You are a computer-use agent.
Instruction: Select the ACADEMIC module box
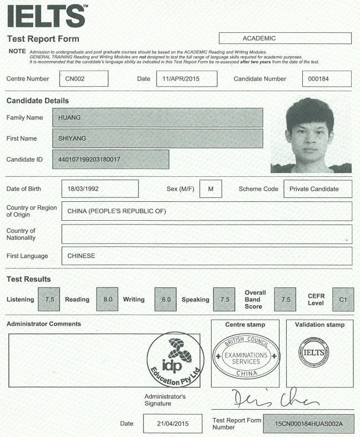(285, 38)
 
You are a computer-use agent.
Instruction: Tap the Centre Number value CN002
(83, 78)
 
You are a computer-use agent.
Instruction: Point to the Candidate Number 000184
(327, 78)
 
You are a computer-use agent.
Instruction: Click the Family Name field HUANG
(157, 117)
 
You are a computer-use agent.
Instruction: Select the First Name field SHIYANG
(157, 138)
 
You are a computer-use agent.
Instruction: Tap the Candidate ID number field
(110, 160)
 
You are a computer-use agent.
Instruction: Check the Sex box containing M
(211, 189)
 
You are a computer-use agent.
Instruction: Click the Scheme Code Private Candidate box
(317, 189)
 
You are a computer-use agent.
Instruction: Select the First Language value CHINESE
(207, 256)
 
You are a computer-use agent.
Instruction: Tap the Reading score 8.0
(107, 299)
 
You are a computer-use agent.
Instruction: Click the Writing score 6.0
(166, 299)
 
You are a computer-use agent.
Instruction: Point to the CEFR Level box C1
(343, 299)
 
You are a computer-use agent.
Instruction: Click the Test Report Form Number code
(308, 424)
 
